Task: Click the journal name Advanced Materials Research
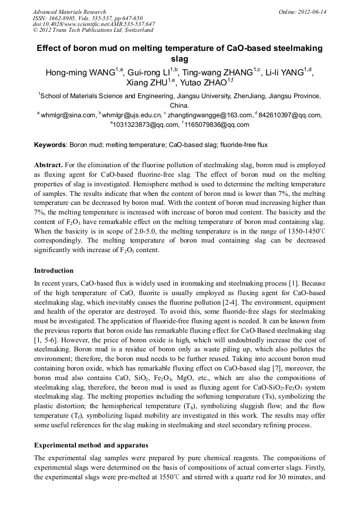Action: pyautogui.click(x=69, y=12)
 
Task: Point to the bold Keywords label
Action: pyautogui.click(x=50, y=144)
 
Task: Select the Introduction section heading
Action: pyautogui.click(x=54, y=271)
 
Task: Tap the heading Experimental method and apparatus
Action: pyautogui.click(x=91, y=444)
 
